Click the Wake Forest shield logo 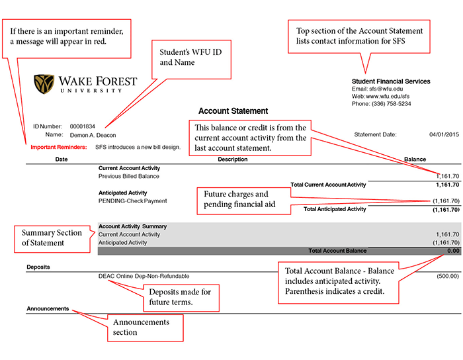click(x=44, y=84)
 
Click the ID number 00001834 click(x=83, y=126)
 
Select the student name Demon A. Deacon click(x=93, y=135)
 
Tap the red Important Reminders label click(x=59, y=147)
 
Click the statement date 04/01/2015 click(x=444, y=134)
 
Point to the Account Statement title click(x=233, y=111)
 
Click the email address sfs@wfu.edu click(x=386, y=89)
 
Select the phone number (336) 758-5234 click(x=392, y=104)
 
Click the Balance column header click(x=415, y=159)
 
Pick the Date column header click(x=62, y=159)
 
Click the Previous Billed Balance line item click(x=129, y=176)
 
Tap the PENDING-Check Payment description click(x=132, y=201)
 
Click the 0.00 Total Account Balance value click(x=453, y=251)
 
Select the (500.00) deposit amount click(x=448, y=276)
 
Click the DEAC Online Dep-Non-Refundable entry click(x=144, y=276)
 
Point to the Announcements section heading click(x=48, y=308)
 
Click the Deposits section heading click(x=38, y=267)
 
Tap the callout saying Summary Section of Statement click(x=52, y=239)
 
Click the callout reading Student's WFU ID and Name click(x=191, y=60)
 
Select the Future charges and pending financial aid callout click(x=244, y=201)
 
